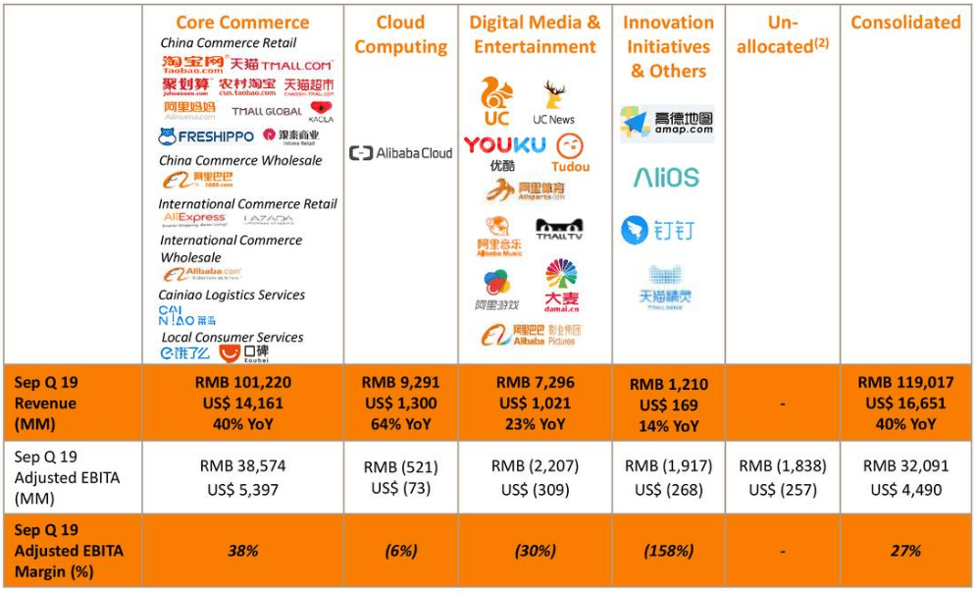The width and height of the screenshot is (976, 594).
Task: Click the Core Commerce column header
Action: click(242, 23)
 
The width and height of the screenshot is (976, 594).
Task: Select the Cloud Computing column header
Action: click(400, 34)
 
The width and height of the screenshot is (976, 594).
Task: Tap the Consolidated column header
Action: click(905, 23)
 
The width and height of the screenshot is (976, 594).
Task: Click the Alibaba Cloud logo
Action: click(400, 153)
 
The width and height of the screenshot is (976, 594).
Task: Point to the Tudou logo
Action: click(571, 154)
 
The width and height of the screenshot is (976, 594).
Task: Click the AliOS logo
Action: click(666, 178)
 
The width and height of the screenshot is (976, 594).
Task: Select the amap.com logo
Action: click(667, 124)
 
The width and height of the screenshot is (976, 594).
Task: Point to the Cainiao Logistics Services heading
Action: click(231, 295)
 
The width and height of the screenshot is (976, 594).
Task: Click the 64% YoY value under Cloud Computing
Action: click(400, 424)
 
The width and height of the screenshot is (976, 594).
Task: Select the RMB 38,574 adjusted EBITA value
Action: click(242, 467)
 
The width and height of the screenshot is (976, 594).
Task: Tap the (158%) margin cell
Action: click(668, 551)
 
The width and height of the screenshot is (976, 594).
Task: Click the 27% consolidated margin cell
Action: click(905, 551)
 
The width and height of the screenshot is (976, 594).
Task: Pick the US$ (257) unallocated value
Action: click(782, 489)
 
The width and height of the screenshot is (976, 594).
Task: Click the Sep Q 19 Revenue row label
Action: click(45, 403)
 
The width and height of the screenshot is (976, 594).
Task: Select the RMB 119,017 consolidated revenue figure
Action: click(905, 383)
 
